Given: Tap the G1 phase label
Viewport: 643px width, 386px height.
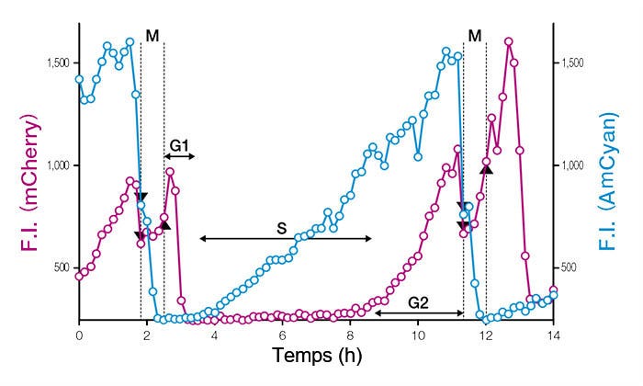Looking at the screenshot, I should tap(179, 144).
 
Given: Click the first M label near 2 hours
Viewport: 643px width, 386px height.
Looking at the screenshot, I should tap(152, 36).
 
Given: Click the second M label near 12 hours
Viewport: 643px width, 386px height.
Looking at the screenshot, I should tap(474, 36).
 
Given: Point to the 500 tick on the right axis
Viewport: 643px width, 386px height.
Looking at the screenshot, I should tap(572, 267).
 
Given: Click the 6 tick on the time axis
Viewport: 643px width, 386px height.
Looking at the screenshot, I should tap(282, 336).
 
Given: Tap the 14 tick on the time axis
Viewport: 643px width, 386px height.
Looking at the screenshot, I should tap(553, 336).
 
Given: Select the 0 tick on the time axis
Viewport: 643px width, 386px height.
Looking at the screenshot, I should tap(79, 336).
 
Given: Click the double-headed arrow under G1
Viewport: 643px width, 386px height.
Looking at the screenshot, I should tap(179, 157).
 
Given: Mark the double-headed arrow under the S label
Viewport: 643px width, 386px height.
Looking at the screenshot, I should tap(286, 239).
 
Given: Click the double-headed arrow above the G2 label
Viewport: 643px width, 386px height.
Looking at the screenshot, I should tap(418, 313).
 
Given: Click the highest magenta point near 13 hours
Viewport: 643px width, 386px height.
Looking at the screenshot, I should tap(509, 41).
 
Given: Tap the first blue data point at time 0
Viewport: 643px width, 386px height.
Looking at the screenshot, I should tap(79, 79).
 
